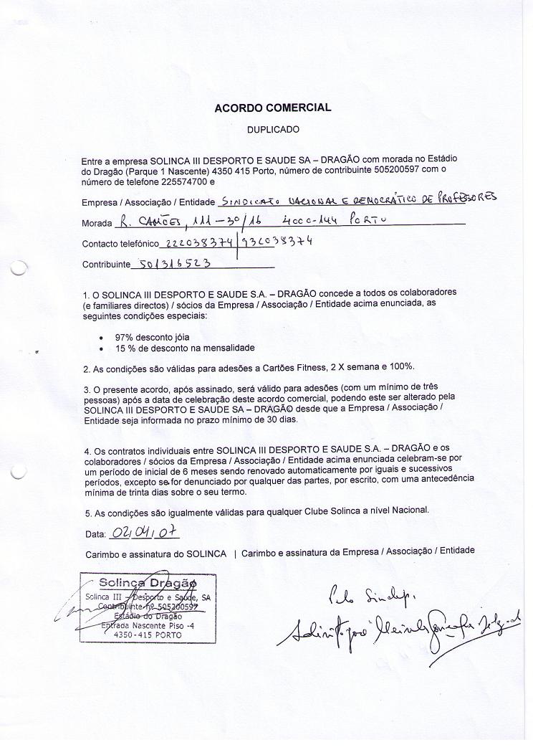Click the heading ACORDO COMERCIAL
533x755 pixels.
coord(272,108)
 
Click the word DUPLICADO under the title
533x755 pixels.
coord(273,130)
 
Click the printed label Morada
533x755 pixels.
coord(97,223)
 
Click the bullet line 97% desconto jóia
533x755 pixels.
coord(152,336)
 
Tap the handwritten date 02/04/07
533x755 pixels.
coord(143,533)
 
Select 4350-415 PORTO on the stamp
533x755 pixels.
coord(148,635)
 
